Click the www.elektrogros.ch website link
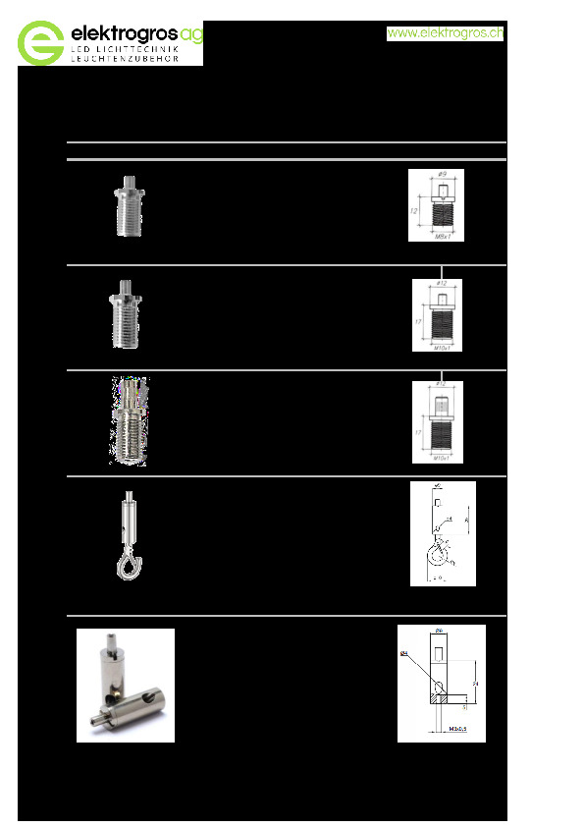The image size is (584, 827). (446, 33)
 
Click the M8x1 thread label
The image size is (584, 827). (442, 237)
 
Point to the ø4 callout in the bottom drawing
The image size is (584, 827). (404, 651)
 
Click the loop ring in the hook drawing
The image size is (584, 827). (436, 556)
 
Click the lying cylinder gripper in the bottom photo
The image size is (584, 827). (136, 700)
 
